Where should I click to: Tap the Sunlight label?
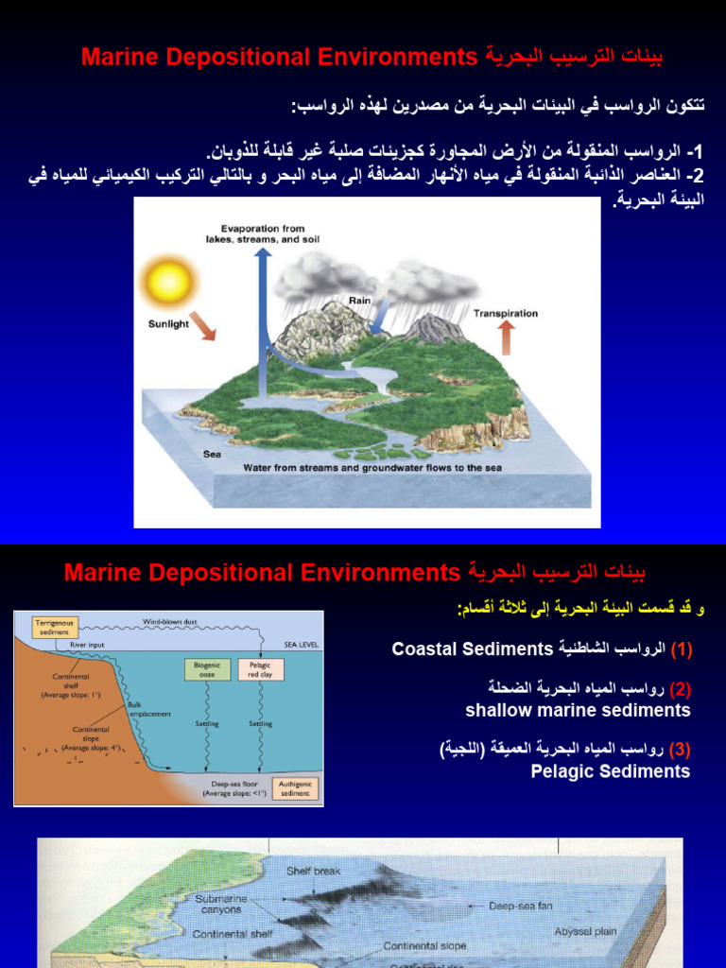[x=168, y=323]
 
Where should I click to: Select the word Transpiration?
[x=506, y=313]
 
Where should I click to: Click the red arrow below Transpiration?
[x=506, y=337]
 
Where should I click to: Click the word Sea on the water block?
[x=212, y=454]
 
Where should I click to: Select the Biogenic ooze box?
[x=207, y=669]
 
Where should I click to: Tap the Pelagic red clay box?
[x=260, y=669]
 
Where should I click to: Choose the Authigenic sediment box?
[x=295, y=788]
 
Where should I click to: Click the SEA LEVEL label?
[x=302, y=645]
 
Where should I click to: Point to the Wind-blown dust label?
[x=170, y=621]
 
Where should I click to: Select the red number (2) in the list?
[x=681, y=688]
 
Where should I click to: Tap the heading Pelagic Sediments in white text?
[x=611, y=771]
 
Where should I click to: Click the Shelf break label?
[x=314, y=871]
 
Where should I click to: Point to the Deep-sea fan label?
[x=520, y=906]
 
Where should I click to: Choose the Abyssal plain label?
[x=585, y=931]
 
